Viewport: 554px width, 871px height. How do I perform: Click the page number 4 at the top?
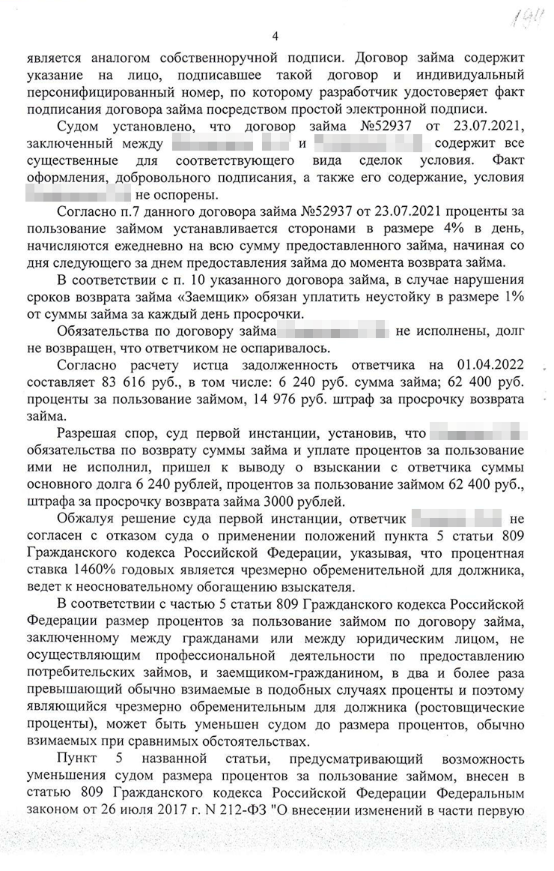coord(276,36)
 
